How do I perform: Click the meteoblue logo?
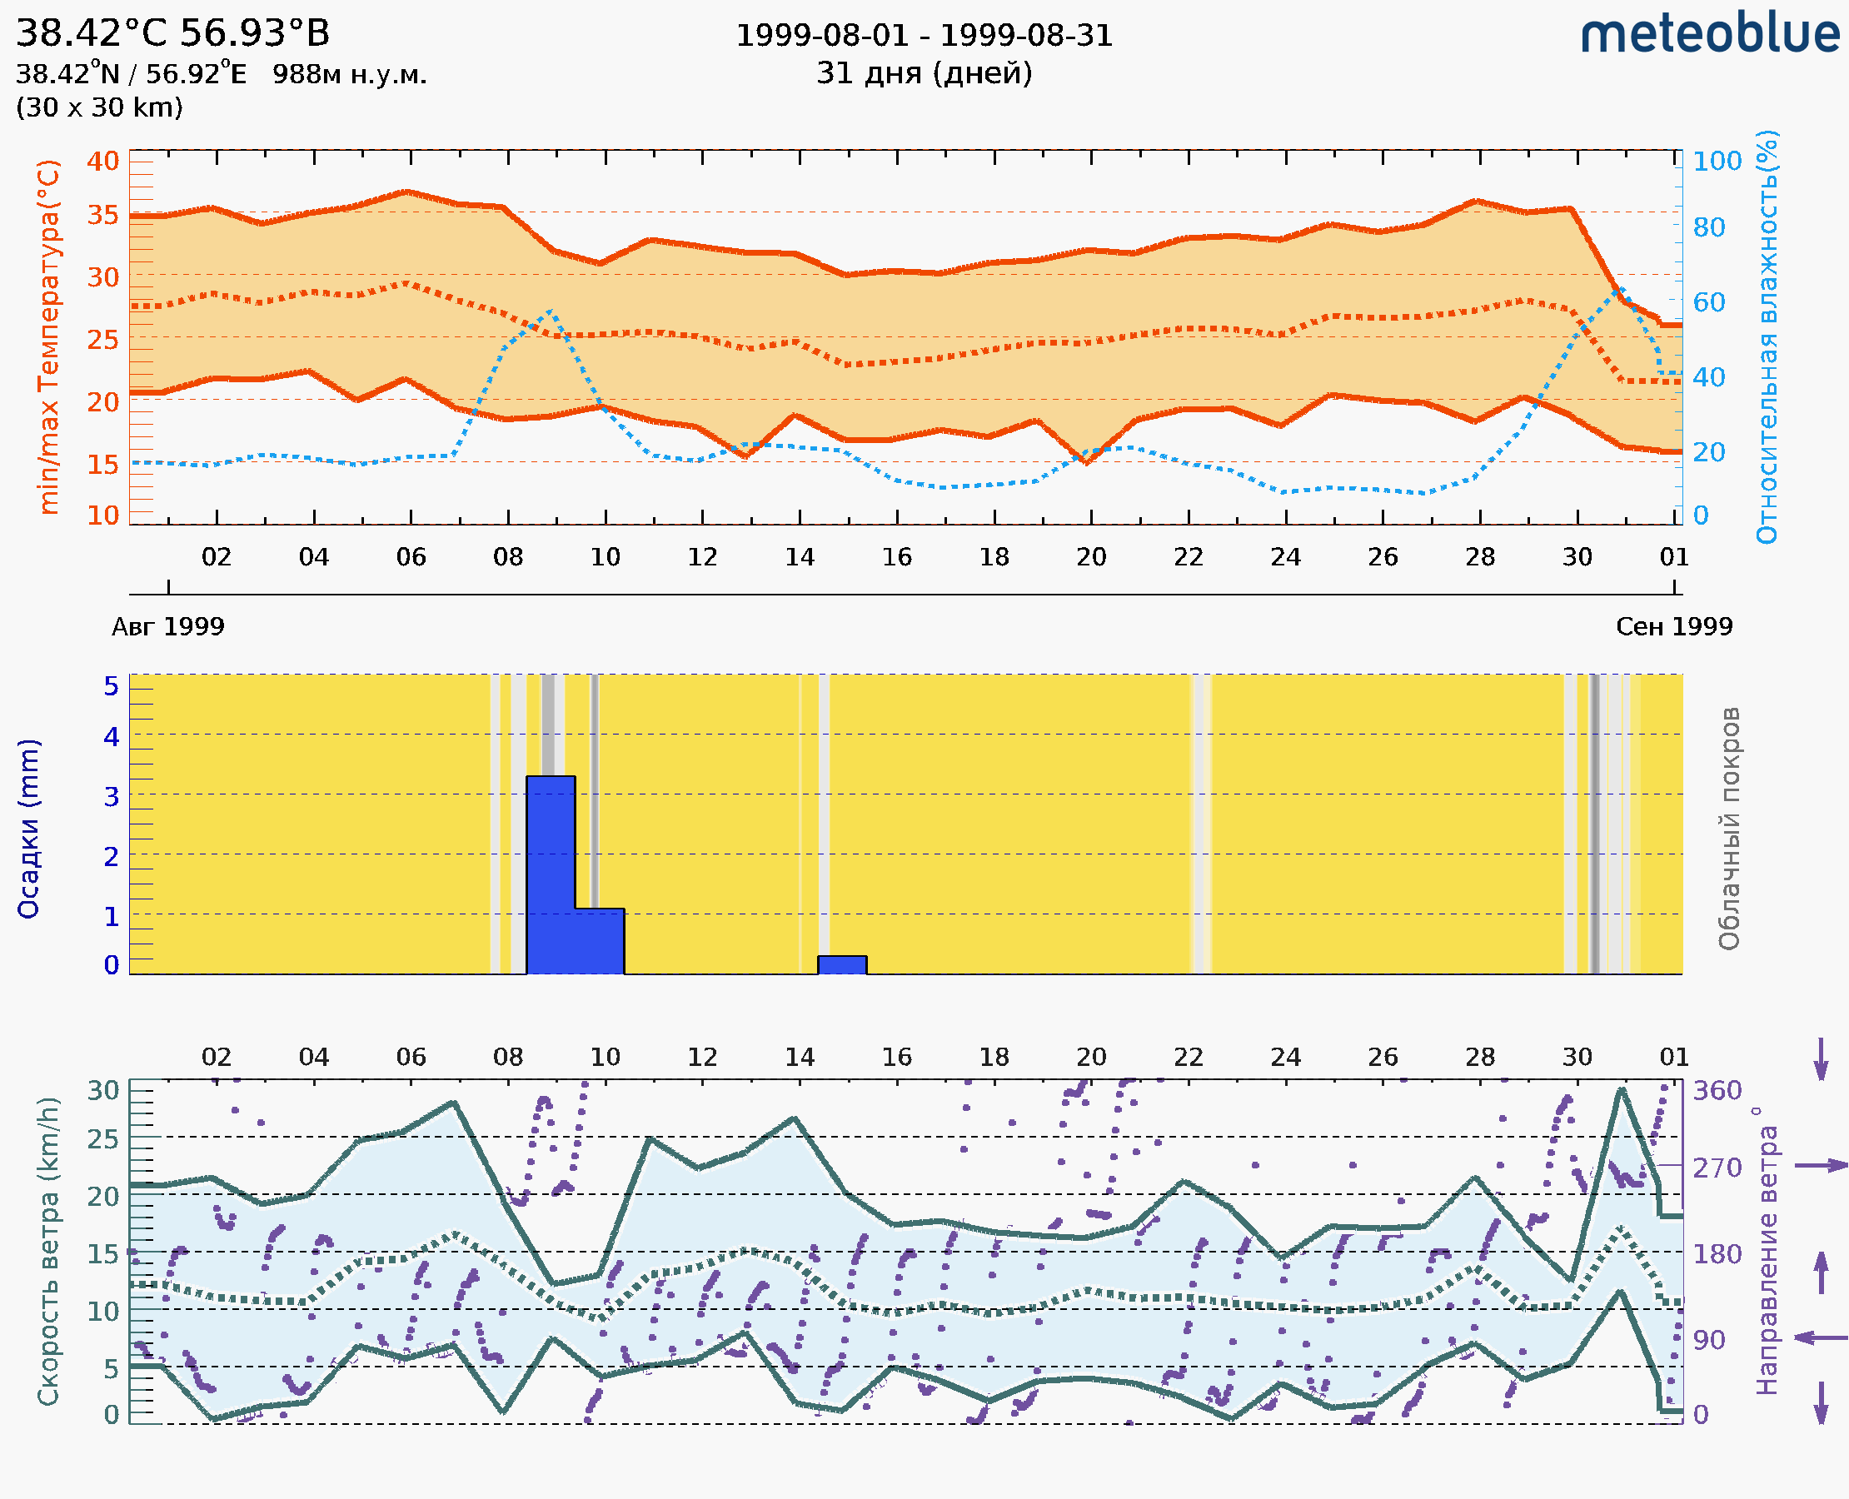coord(1709,34)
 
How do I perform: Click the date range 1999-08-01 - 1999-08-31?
coord(924,36)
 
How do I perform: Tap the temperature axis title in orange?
coord(49,336)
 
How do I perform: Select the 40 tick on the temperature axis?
coord(102,161)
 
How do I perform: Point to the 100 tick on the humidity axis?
coord(1717,161)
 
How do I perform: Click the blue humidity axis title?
coord(1767,336)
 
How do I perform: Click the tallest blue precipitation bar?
coord(551,874)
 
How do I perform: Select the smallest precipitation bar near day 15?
coord(842,964)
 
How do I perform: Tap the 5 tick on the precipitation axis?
coord(112,686)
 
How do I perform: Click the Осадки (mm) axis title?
coord(28,829)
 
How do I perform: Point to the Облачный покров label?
coord(1729,829)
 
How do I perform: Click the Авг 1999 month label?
coord(167,626)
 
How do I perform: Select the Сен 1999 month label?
coord(1674,626)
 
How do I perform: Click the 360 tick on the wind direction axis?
coord(1717,1091)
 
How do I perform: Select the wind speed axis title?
coord(48,1252)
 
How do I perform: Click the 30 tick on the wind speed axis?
coord(102,1091)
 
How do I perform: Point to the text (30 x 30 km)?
coord(99,107)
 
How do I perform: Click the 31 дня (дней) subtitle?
coord(924,73)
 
